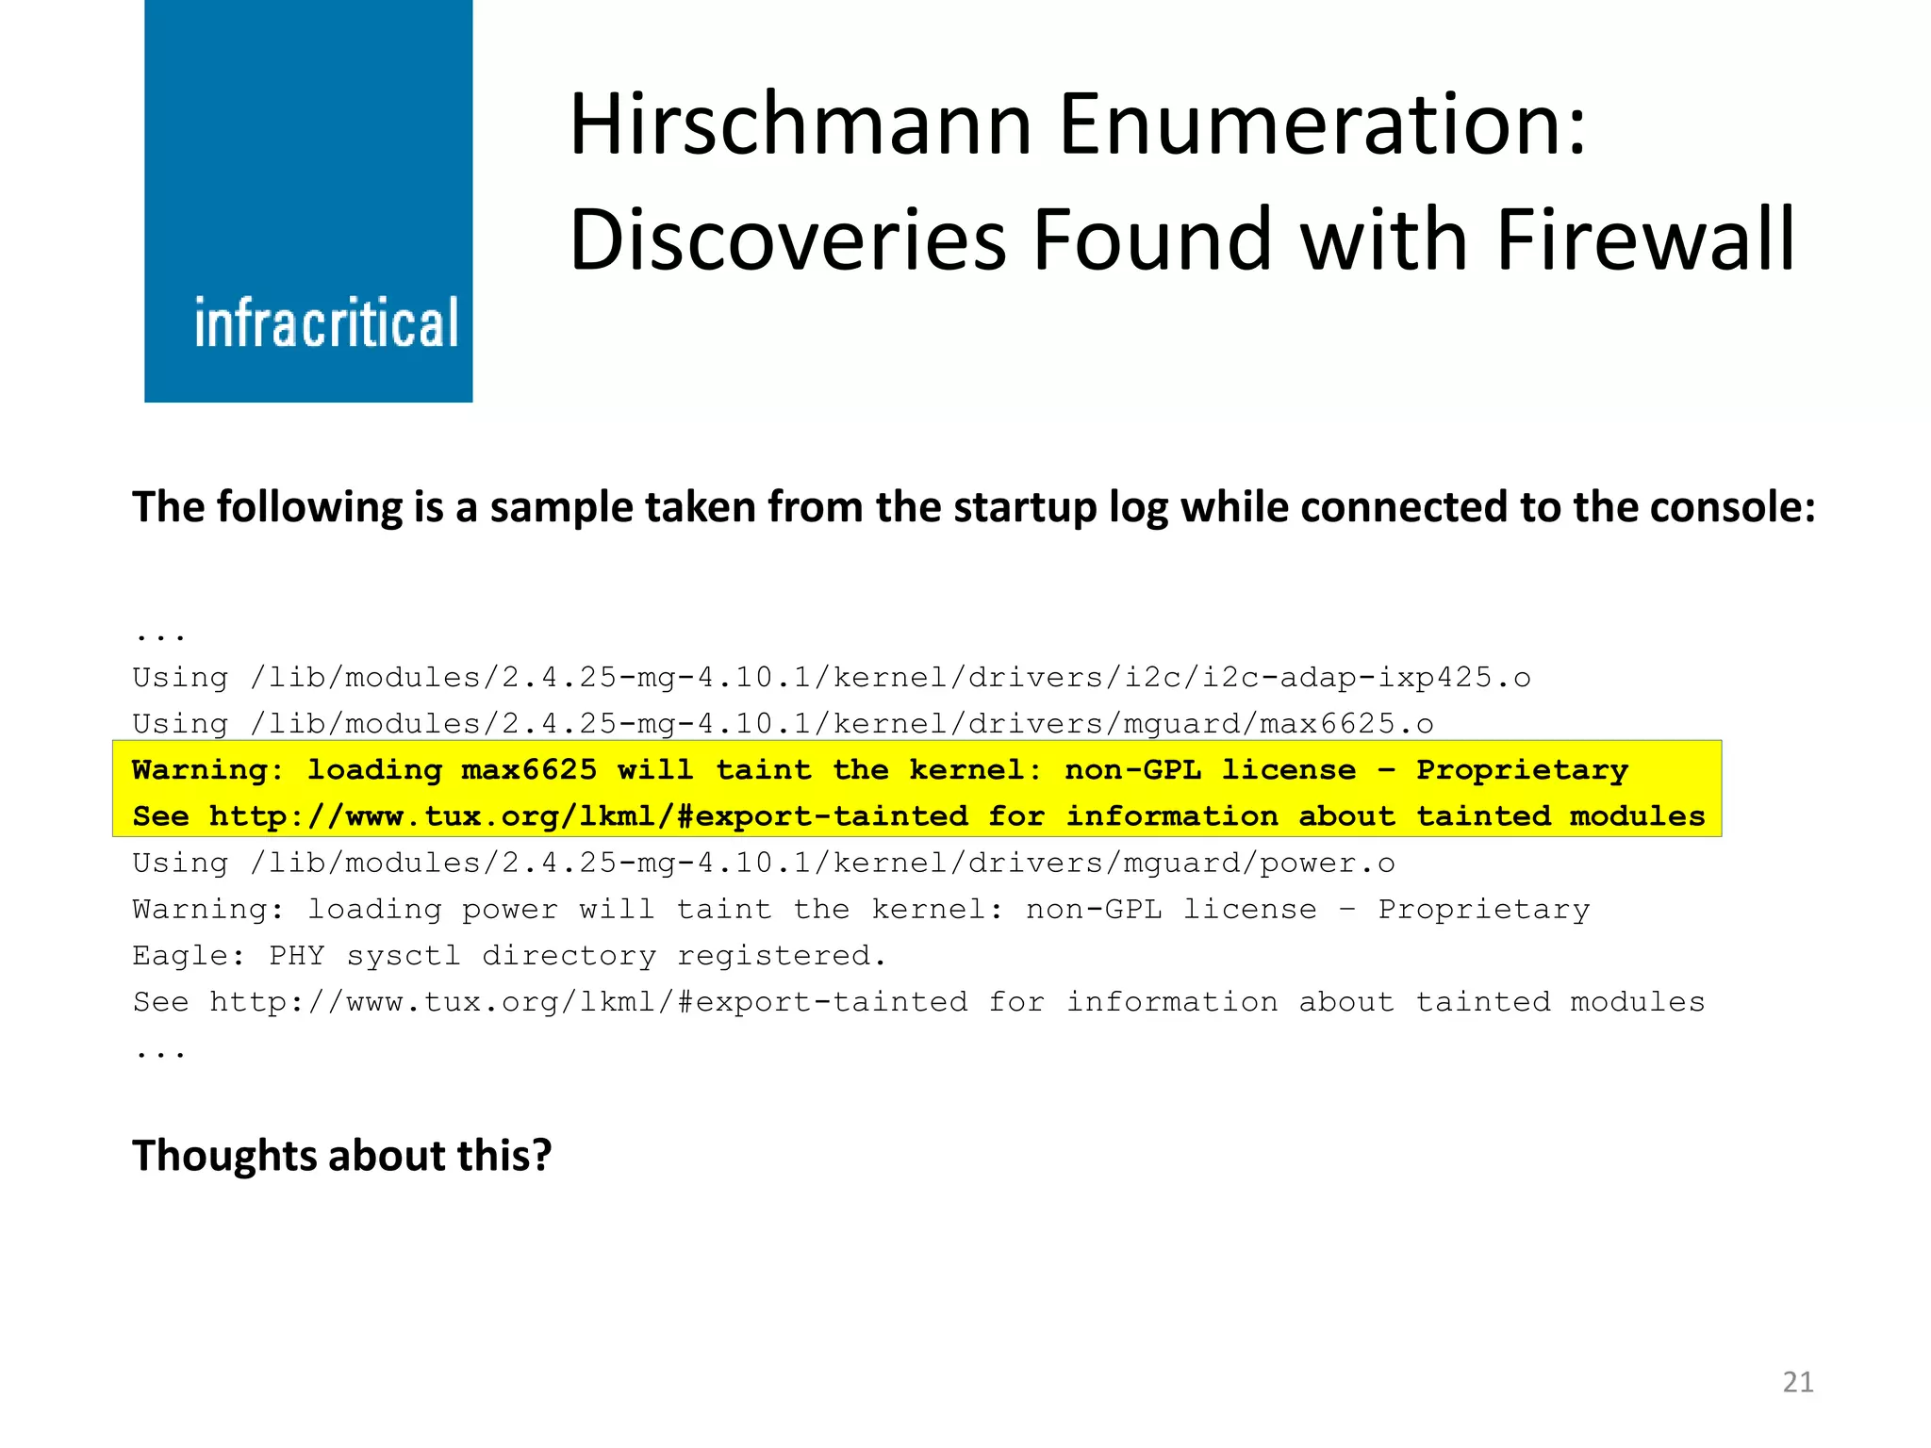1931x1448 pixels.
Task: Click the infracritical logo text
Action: click(x=326, y=322)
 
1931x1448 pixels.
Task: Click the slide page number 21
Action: click(x=1798, y=1382)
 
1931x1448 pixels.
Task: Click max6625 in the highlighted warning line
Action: click(x=529, y=769)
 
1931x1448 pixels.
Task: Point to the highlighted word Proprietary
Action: click(x=1522, y=769)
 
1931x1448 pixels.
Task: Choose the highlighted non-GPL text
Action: click(x=1132, y=769)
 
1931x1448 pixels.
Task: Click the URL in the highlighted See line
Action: click(x=588, y=815)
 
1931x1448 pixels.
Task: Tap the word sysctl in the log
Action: click(x=404, y=955)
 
